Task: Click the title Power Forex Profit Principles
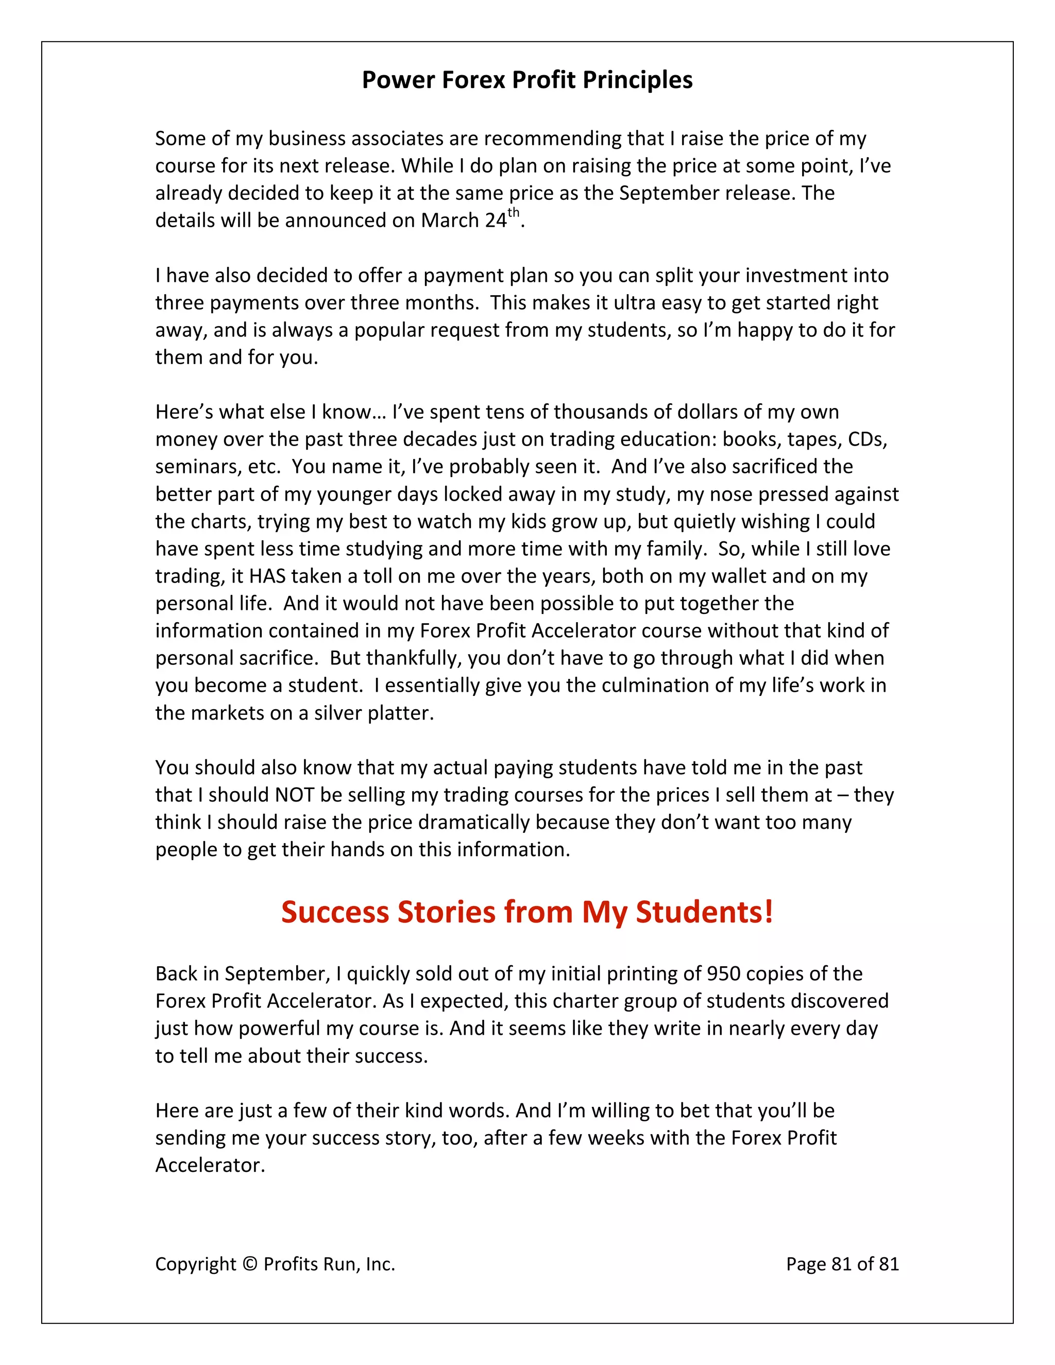(527, 80)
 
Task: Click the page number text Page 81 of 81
(842, 1264)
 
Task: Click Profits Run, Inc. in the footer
(329, 1264)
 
